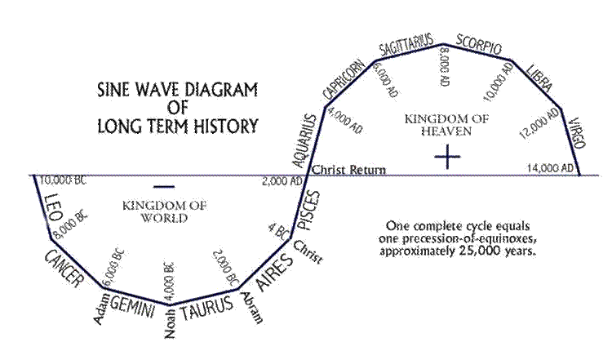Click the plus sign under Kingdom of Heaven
pyautogui.click(x=447, y=157)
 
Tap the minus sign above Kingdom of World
pyautogui.click(x=164, y=187)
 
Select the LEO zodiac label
pyautogui.click(x=53, y=207)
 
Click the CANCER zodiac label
pyautogui.click(x=64, y=269)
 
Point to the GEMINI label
pyautogui.click(x=133, y=306)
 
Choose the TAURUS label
pyautogui.click(x=206, y=309)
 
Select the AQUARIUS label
pyautogui.click(x=305, y=141)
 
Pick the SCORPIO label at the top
pyautogui.click(x=478, y=45)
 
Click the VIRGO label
pyautogui.click(x=577, y=133)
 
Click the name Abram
pyautogui.click(x=252, y=308)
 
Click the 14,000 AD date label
pyautogui.click(x=550, y=168)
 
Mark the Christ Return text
pyautogui.click(x=348, y=171)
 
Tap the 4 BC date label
pyautogui.click(x=279, y=230)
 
